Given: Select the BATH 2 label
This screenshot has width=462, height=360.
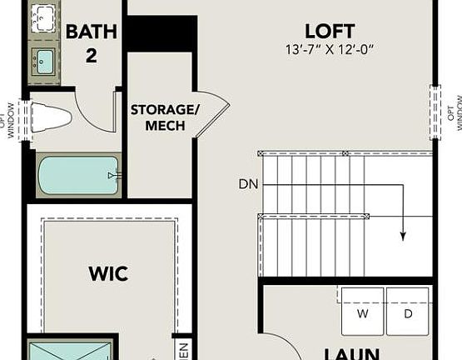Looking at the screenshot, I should (92, 42).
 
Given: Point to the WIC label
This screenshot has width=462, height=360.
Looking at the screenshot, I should (109, 273).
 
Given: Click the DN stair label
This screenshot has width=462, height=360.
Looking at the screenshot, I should (247, 183).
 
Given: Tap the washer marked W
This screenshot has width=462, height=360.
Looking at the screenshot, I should (362, 314).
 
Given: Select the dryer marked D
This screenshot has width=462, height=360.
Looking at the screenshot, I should (408, 314).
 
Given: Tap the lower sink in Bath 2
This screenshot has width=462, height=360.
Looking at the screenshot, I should (44, 59).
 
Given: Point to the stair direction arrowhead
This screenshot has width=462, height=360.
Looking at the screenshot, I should (402, 236).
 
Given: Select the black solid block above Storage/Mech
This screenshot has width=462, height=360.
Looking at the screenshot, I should (161, 34).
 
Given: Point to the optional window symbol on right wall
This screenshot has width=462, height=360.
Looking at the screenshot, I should (435, 107).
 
